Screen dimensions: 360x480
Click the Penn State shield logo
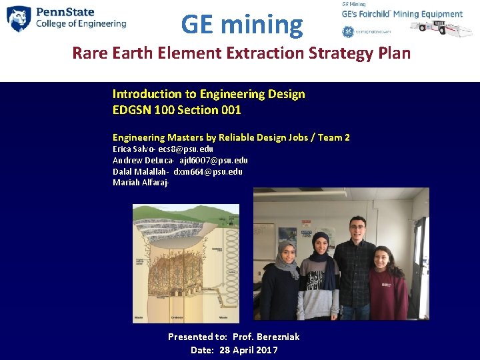pos(19,19)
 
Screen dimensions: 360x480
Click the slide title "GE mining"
pos(241,25)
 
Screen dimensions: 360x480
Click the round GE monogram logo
pos(348,31)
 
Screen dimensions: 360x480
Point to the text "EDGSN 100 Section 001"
pos(177,110)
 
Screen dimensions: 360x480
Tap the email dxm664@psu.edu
pos(208,171)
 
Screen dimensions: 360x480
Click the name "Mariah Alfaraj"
pos(140,182)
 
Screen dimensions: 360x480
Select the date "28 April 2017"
pos(249,350)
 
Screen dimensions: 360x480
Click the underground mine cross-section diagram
pos(185,264)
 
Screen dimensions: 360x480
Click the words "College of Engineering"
pos(81,24)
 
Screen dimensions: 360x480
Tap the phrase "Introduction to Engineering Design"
pos(209,94)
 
